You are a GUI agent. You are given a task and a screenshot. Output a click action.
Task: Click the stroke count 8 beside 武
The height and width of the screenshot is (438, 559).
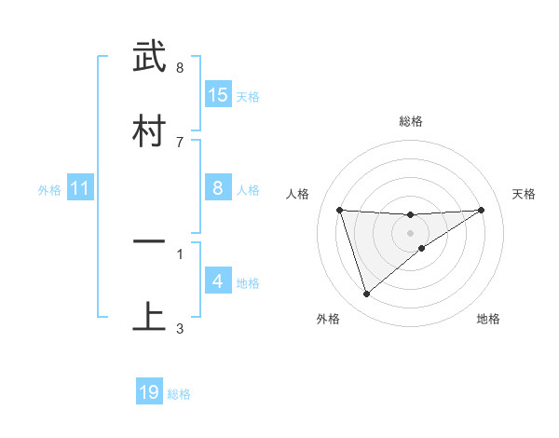click(179, 68)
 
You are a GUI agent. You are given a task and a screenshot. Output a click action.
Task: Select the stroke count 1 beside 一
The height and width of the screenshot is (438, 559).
click(179, 253)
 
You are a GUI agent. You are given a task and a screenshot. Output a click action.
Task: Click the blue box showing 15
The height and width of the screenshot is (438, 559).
click(218, 94)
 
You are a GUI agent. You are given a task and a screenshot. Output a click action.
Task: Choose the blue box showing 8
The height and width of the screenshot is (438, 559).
click(218, 188)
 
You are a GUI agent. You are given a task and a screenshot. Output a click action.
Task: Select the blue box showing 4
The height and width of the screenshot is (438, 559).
click(218, 281)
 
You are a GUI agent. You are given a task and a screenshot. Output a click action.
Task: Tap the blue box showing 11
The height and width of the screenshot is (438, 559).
click(79, 188)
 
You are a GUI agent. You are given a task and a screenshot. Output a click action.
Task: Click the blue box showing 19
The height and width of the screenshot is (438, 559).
click(149, 392)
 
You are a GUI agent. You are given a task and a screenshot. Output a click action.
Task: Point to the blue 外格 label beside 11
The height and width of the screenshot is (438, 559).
click(49, 189)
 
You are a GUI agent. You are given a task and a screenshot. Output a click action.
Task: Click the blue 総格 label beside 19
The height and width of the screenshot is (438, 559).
click(179, 394)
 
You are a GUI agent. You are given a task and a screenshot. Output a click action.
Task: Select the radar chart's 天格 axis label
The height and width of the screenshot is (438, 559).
click(524, 194)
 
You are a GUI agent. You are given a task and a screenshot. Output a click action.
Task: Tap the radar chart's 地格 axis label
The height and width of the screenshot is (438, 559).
click(488, 319)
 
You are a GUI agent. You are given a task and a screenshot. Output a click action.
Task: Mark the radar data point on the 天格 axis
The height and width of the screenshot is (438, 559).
click(481, 210)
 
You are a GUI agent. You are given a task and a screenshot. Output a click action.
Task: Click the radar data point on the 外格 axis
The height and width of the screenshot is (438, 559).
click(366, 294)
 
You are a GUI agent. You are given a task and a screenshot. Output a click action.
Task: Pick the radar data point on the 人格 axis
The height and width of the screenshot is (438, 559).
click(339, 210)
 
